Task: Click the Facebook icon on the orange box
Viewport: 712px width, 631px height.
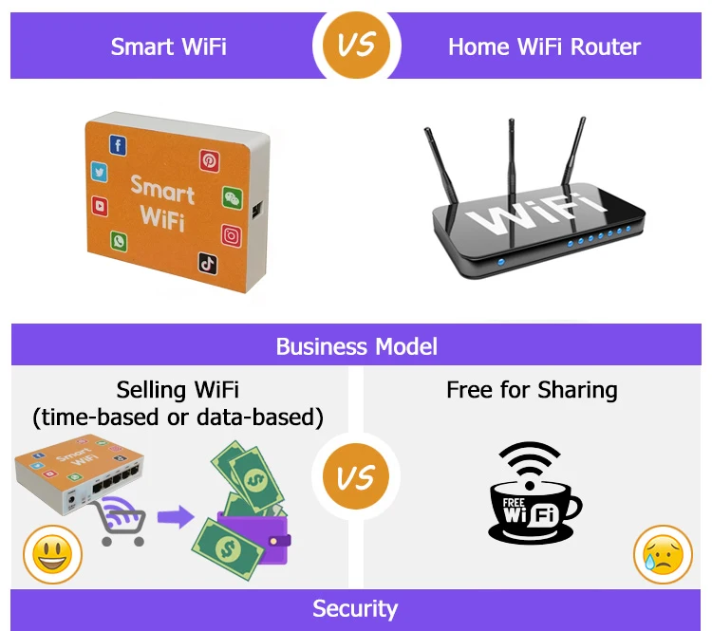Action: tap(118, 145)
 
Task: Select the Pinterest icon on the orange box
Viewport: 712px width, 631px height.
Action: tap(209, 160)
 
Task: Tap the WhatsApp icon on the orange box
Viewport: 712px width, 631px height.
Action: tap(119, 242)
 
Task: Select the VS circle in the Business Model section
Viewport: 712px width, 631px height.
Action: tap(356, 476)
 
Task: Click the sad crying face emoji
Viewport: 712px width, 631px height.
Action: tap(663, 554)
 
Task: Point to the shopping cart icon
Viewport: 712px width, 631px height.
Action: tap(122, 522)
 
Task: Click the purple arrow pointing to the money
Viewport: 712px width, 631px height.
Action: tap(173, 517)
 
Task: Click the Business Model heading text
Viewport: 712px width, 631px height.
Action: tap(356, 345)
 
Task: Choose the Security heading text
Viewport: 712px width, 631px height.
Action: tap(356, 608)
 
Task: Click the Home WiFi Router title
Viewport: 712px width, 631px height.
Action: tap(544, 46)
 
